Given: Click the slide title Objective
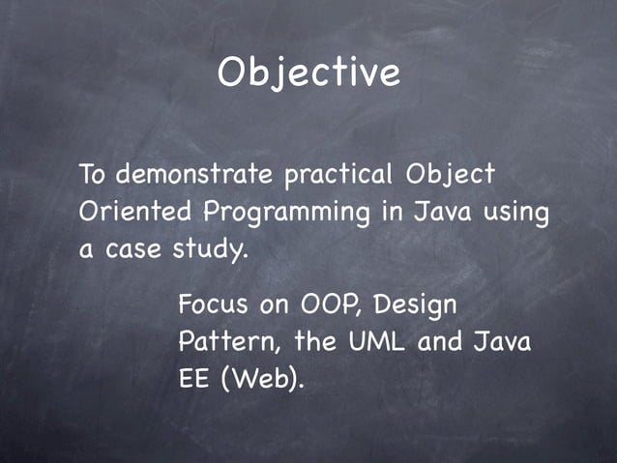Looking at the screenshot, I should coord(308,73).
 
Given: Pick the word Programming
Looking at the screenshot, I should coord(286,213).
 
